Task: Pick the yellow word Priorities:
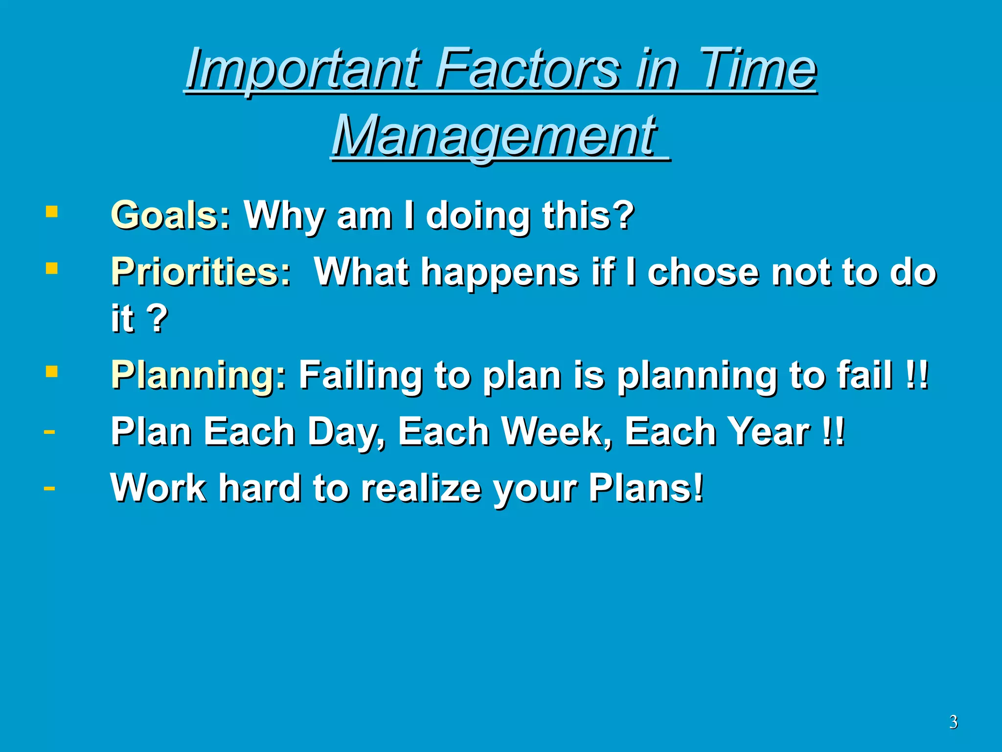pyautogui.click(x=201, y=272)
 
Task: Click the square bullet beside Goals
pyautogui.click(x=51, y=211)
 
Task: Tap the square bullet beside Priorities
pyautogui.click(x=51, y=268)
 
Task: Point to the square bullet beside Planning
pyautogui.click(x=51, y=372)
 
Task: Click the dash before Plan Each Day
pyautogui.click(x=49, y=432)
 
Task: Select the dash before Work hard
pyautogui.click(x=49, y=488)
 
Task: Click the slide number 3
pyautogui.click(x=953, y=722)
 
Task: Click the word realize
pyautogui.click(x=421, y=488)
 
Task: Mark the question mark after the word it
pyautogui.click(x=158, y=318)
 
